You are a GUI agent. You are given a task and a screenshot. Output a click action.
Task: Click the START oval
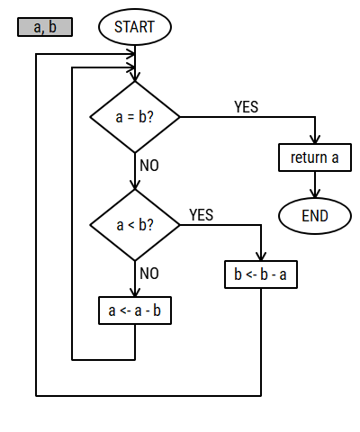click(x=135, y=27)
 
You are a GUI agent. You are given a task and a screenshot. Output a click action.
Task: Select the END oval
click(x=315, y=216)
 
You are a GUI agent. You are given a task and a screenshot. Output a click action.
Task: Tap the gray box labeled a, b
click(x=45, y=27)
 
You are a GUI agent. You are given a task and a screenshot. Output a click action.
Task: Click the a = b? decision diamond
click(x=135, y=117)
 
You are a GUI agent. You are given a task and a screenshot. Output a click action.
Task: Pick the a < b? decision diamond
click(x=135, y=225)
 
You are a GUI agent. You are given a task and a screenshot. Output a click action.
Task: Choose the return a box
click(x=315, y=157)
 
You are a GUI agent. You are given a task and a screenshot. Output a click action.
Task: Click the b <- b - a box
click(x=261, y=274)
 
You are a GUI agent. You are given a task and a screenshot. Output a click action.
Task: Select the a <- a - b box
click(x=135, y=310)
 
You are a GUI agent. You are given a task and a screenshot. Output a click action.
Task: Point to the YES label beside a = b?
click(x=246, y=107)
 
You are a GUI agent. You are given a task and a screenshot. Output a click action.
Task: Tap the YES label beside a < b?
click(x=202, y=215)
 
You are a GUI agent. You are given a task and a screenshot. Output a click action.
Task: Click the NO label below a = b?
click(x=149, y=166)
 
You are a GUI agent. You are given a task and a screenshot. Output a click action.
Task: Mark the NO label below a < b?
click(x=149, y=274)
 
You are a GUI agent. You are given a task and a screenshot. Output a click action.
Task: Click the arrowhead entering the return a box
click(x=315, y=139)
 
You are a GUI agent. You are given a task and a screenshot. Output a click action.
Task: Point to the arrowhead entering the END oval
click(x=315, y=193)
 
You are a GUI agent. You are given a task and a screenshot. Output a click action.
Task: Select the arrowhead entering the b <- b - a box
click(x=261, y=256)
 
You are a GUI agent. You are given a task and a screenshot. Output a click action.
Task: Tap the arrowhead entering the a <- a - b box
click(x=135, y=292)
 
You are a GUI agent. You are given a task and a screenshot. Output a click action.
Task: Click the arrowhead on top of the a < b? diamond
click(x=135, y=184)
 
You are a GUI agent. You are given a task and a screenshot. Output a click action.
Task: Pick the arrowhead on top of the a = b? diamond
click(x=135, y=76)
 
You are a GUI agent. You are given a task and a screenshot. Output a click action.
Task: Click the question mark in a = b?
click(x=150, y=116)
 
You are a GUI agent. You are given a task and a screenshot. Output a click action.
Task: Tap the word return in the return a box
click(x=309, y=157)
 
